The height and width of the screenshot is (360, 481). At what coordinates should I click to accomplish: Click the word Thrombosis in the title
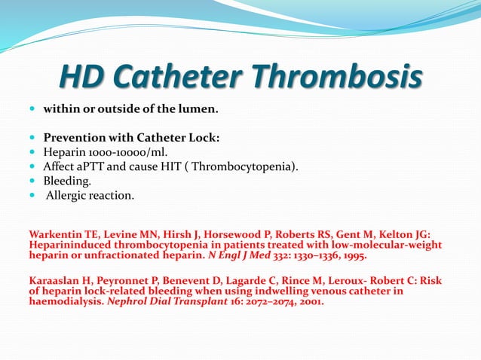coord(336,76)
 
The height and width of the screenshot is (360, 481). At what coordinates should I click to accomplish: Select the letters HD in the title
coord(81,76)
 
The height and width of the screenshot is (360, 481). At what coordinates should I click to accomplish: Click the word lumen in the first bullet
coord(198,110)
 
